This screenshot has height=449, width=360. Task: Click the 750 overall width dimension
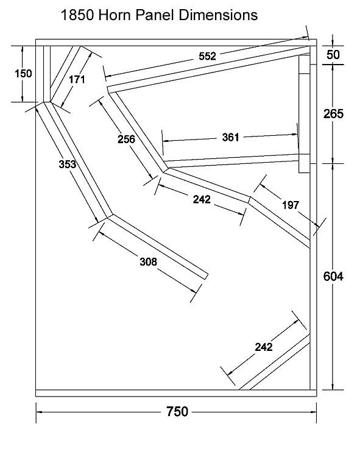tap(177, 412)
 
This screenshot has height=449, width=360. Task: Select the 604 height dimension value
tap(333, 277)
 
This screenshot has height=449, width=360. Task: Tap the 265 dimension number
tap(333, 114)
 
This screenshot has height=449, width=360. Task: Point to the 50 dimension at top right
tap(333, 55)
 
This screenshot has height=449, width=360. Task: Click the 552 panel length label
tap(207, 56)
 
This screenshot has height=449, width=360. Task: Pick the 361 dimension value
tap(230, 138)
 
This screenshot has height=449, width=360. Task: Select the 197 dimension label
tap(291, 205)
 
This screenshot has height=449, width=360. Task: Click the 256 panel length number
tap(126, 139)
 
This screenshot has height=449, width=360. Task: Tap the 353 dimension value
tap(68, 164)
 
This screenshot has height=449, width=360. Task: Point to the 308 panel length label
tap(149, 262)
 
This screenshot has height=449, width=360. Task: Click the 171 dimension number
tap(77, 79)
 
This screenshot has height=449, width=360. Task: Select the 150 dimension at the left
tap(23, 74)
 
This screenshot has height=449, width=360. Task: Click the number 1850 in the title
tap(77, 15)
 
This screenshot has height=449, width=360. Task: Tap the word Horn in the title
tap(115, 15)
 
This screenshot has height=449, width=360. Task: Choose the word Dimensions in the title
tap(218, 15)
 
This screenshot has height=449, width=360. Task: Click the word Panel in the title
tap(155, 15)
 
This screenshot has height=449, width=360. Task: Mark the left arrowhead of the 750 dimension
tap(39, 412)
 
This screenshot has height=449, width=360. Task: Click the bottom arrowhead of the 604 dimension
tap(333, 386)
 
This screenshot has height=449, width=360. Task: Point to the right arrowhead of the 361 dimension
tap(294, 134)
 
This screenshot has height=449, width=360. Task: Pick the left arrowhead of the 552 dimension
tap(108, 76)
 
